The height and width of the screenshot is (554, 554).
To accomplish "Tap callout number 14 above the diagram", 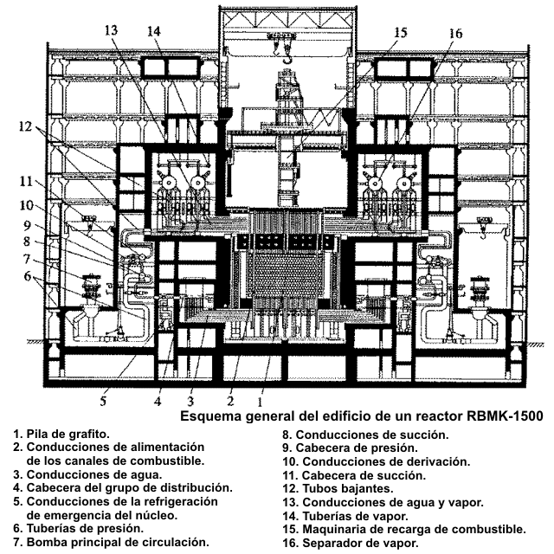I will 154,30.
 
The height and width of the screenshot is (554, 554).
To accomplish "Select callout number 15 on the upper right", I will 399,33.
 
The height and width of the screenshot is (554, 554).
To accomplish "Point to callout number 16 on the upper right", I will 456,33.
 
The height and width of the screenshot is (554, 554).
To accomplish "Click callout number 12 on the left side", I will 23,126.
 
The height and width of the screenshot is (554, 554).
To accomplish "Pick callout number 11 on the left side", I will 26,183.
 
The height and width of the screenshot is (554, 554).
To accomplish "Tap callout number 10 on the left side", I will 26,206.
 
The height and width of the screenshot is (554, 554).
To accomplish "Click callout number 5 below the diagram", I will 102,400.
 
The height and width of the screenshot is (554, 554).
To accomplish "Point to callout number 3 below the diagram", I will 191,401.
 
